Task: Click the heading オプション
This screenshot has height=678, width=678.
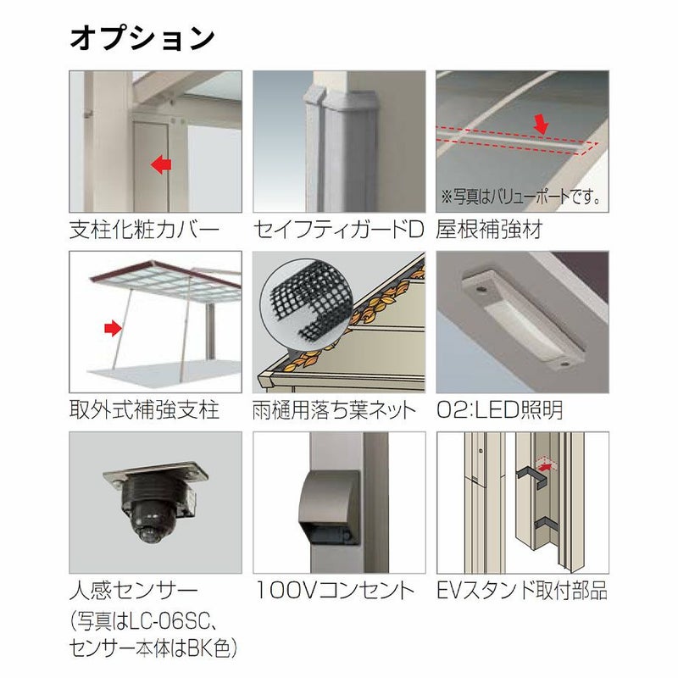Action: point(142,38)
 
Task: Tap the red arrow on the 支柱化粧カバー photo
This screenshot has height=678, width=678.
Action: point(161,164)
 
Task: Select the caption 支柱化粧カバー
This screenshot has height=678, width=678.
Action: point(144,229)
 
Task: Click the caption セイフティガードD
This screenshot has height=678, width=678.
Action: point(337,229)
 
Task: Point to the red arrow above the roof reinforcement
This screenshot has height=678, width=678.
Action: point(541,125)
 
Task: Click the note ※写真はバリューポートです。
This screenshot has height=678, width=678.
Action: point(520,197)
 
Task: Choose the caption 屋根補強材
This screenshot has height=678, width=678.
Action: point(489,229)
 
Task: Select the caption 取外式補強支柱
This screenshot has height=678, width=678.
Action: point(144,409)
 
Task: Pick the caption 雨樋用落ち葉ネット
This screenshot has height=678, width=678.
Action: point(334,409)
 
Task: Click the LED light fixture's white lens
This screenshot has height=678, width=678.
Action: point(525,325)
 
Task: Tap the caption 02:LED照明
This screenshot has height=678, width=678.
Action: point(499,409)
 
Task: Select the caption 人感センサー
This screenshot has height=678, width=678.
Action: point(134,590)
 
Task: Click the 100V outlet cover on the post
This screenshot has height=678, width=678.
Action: point(329,507)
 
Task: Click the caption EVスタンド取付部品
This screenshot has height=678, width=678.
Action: point(522,590)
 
